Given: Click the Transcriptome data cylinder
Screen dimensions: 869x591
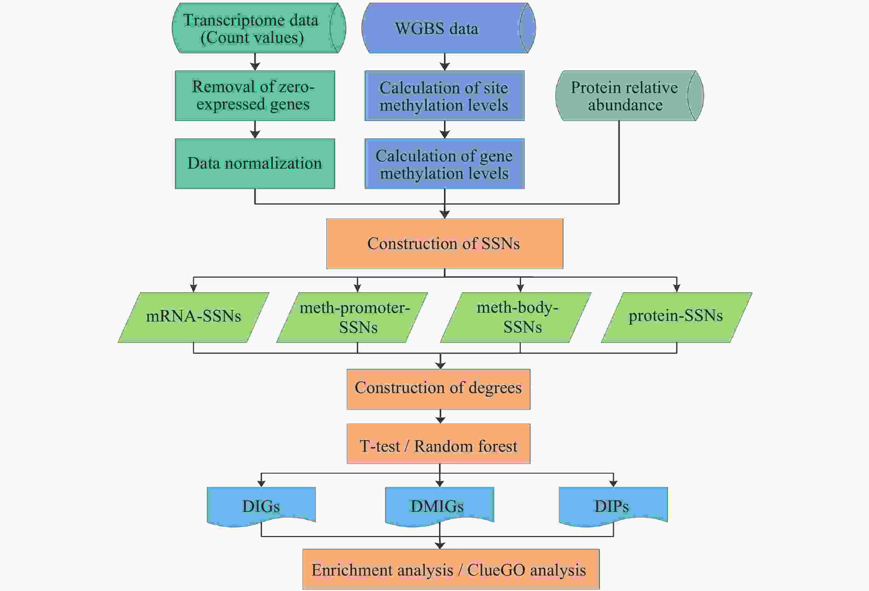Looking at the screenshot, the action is pyautogui.click(x=259, y=28).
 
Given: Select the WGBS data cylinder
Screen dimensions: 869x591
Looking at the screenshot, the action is pyautogui.click(x=449, y=28).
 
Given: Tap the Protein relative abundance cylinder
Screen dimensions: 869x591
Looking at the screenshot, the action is pyautogui.click(x=630, y=96).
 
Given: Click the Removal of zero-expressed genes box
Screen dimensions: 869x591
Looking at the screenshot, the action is pyautogui.click(x=255, y=96).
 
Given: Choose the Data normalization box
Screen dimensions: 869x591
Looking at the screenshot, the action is pyautogui.click(x=255, y=164).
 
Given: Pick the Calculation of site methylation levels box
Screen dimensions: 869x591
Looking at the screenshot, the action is pyautogui.click(x=445, y=96).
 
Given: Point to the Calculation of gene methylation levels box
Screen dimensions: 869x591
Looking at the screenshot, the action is pyautogui.click(x=445, y=164).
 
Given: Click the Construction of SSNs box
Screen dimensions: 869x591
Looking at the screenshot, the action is pyautogui.click(x=445, y=244).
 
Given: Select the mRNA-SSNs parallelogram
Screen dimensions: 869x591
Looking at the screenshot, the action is pyautogui.click(x=194, y=317).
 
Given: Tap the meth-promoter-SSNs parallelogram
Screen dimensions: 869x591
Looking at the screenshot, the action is pyautogui.click(x=352, y=317).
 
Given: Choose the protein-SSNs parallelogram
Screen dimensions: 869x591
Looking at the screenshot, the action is pyautogui.click(x=677, y=317).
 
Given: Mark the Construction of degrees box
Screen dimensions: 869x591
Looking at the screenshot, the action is pyautogui.click(x=439, y=389).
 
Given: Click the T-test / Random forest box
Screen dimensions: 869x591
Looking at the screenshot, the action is pyautogui.click(x=439, y=443).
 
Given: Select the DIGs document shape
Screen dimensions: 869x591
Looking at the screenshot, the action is pyautogui.click(x=261, y=506).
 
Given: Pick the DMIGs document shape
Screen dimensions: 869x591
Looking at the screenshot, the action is pyautogui.click(x=440, y=506).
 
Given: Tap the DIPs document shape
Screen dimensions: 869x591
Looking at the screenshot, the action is pyautogui.click(x=613, y=506).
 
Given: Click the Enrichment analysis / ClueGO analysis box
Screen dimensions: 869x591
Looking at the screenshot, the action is pyautogui.click(x=451, y=569).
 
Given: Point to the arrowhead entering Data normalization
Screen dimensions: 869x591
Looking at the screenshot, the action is pyautogui.click(x=255, y=135).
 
